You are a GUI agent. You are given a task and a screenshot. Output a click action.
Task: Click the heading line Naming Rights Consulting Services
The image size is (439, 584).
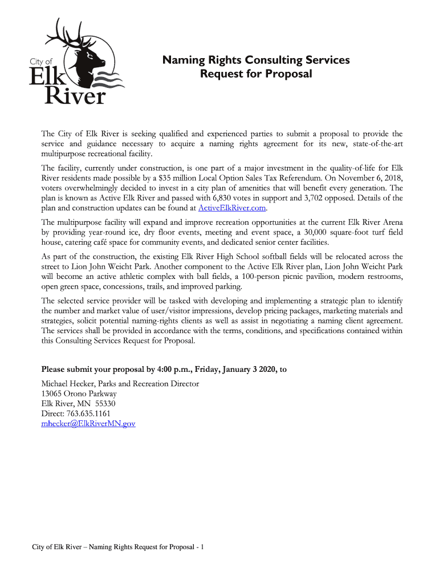point(256,60)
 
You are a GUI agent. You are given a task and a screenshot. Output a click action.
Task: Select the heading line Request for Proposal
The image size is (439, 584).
point(256,74)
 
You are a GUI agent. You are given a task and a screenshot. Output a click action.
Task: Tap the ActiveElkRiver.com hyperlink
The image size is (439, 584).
point(232,208)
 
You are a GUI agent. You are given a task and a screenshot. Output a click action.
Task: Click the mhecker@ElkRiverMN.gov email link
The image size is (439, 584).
point(88,423)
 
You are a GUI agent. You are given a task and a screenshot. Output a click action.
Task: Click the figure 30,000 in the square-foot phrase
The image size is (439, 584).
point(315,233)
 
